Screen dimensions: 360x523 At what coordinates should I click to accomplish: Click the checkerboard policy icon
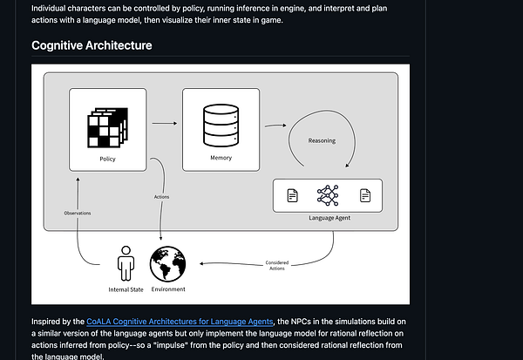point(107,129)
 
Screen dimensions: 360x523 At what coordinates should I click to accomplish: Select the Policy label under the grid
point(108,160)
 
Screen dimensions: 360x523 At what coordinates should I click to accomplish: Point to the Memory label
point(221,159)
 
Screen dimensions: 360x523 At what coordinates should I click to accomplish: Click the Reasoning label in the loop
point(322,139)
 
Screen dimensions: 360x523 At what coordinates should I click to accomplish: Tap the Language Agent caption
point(329,216)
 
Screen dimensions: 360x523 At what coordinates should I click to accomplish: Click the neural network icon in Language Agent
point(329,195)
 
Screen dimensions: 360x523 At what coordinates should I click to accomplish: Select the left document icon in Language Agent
point(294,195)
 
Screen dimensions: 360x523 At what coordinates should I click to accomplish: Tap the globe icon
point(168,264)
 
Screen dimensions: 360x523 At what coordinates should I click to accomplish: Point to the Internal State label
point(127,289)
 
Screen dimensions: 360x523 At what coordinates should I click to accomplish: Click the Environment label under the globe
point(168,289)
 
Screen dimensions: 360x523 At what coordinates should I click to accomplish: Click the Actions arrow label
point(161,197)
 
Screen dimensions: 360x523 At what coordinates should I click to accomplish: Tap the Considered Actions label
point(278,266)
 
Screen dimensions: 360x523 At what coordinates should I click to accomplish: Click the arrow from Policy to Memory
point(162,124)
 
